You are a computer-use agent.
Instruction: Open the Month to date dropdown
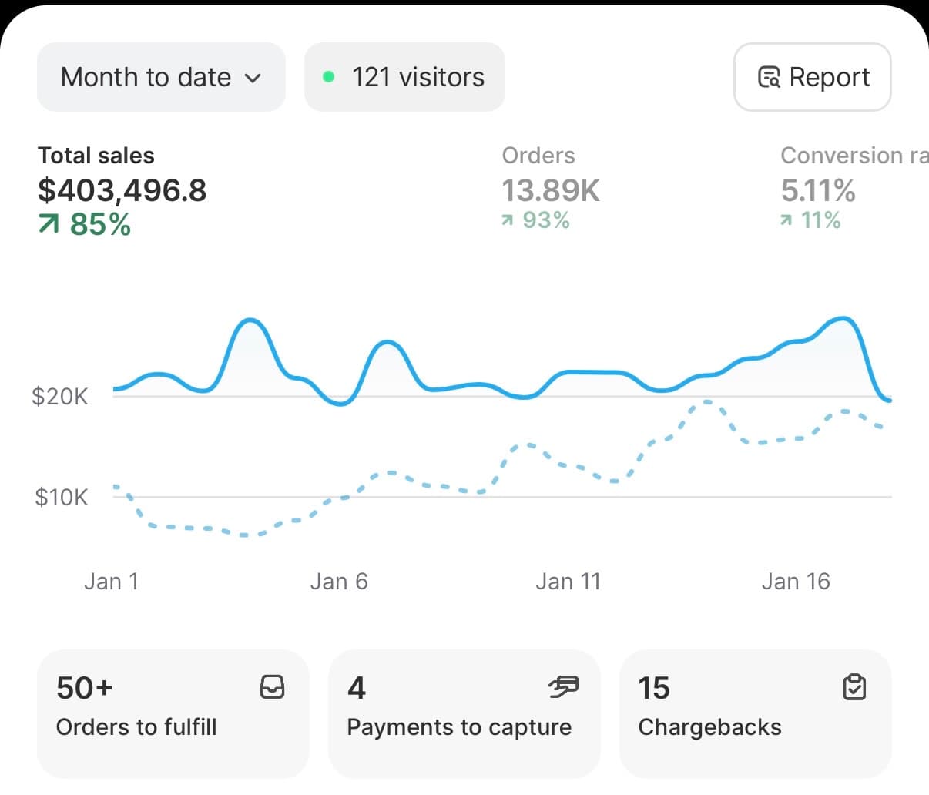click(161, 77)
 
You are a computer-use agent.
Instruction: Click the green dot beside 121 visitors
click(328, 77)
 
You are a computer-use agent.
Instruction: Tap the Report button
click(813, 77)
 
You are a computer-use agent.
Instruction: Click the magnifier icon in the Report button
click(770, 77)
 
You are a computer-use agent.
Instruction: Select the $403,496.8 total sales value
click(122, 190)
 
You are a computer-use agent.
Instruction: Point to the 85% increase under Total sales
click(85, 225)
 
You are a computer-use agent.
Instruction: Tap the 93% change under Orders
click(536, 220)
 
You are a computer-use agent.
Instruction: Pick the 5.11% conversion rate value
click(818, 190)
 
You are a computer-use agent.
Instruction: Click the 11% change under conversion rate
click(810, 220)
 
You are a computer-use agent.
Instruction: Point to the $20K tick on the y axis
click(60, 397)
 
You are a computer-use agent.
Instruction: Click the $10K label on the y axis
click(62, 497)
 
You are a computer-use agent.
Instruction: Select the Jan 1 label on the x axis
click(112, 581)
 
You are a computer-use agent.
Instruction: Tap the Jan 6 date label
click(339, 581)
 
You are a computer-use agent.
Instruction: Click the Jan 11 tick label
click(568, 581)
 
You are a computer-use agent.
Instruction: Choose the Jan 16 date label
click(796, 581)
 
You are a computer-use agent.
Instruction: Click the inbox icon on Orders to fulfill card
click(273, 686)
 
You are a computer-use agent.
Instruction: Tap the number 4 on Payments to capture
click(357, 688)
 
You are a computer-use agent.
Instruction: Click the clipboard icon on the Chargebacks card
click(854, 686)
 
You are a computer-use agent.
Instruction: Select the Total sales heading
click(96, 156)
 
